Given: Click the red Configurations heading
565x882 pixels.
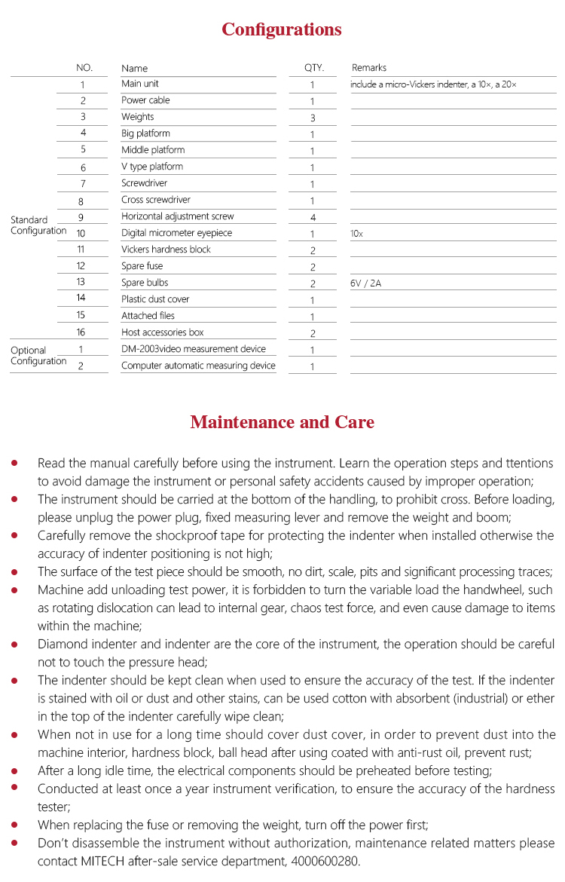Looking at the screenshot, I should pos(282,29).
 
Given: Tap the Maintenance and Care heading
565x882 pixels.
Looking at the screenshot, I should pos(282,421).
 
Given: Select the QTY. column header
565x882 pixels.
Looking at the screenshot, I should pos(313,68).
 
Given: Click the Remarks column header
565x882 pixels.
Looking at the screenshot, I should pos(369,68).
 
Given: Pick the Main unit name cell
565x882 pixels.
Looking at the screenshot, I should pos(140,84).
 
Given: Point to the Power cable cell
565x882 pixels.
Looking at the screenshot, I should pos(145,100).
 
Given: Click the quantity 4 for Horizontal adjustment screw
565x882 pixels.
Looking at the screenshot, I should pos(312,217).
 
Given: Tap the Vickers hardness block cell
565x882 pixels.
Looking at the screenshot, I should pos(166,250).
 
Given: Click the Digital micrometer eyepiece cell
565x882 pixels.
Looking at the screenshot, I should pos(176,233).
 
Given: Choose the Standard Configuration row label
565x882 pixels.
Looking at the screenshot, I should pos(38,225).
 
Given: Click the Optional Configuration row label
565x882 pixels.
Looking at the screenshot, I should pos(38,356).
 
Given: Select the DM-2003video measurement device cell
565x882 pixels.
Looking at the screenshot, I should pos(194,349).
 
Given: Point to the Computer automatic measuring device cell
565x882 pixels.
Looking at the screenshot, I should pos(198,366).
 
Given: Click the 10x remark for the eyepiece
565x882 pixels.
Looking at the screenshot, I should pos(356,234).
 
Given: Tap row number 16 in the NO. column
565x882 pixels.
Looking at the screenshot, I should pos(81,332).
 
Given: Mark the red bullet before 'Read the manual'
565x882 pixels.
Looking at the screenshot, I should pos(15,463).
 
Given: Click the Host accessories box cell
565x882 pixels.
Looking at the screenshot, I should pos(163,332).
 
